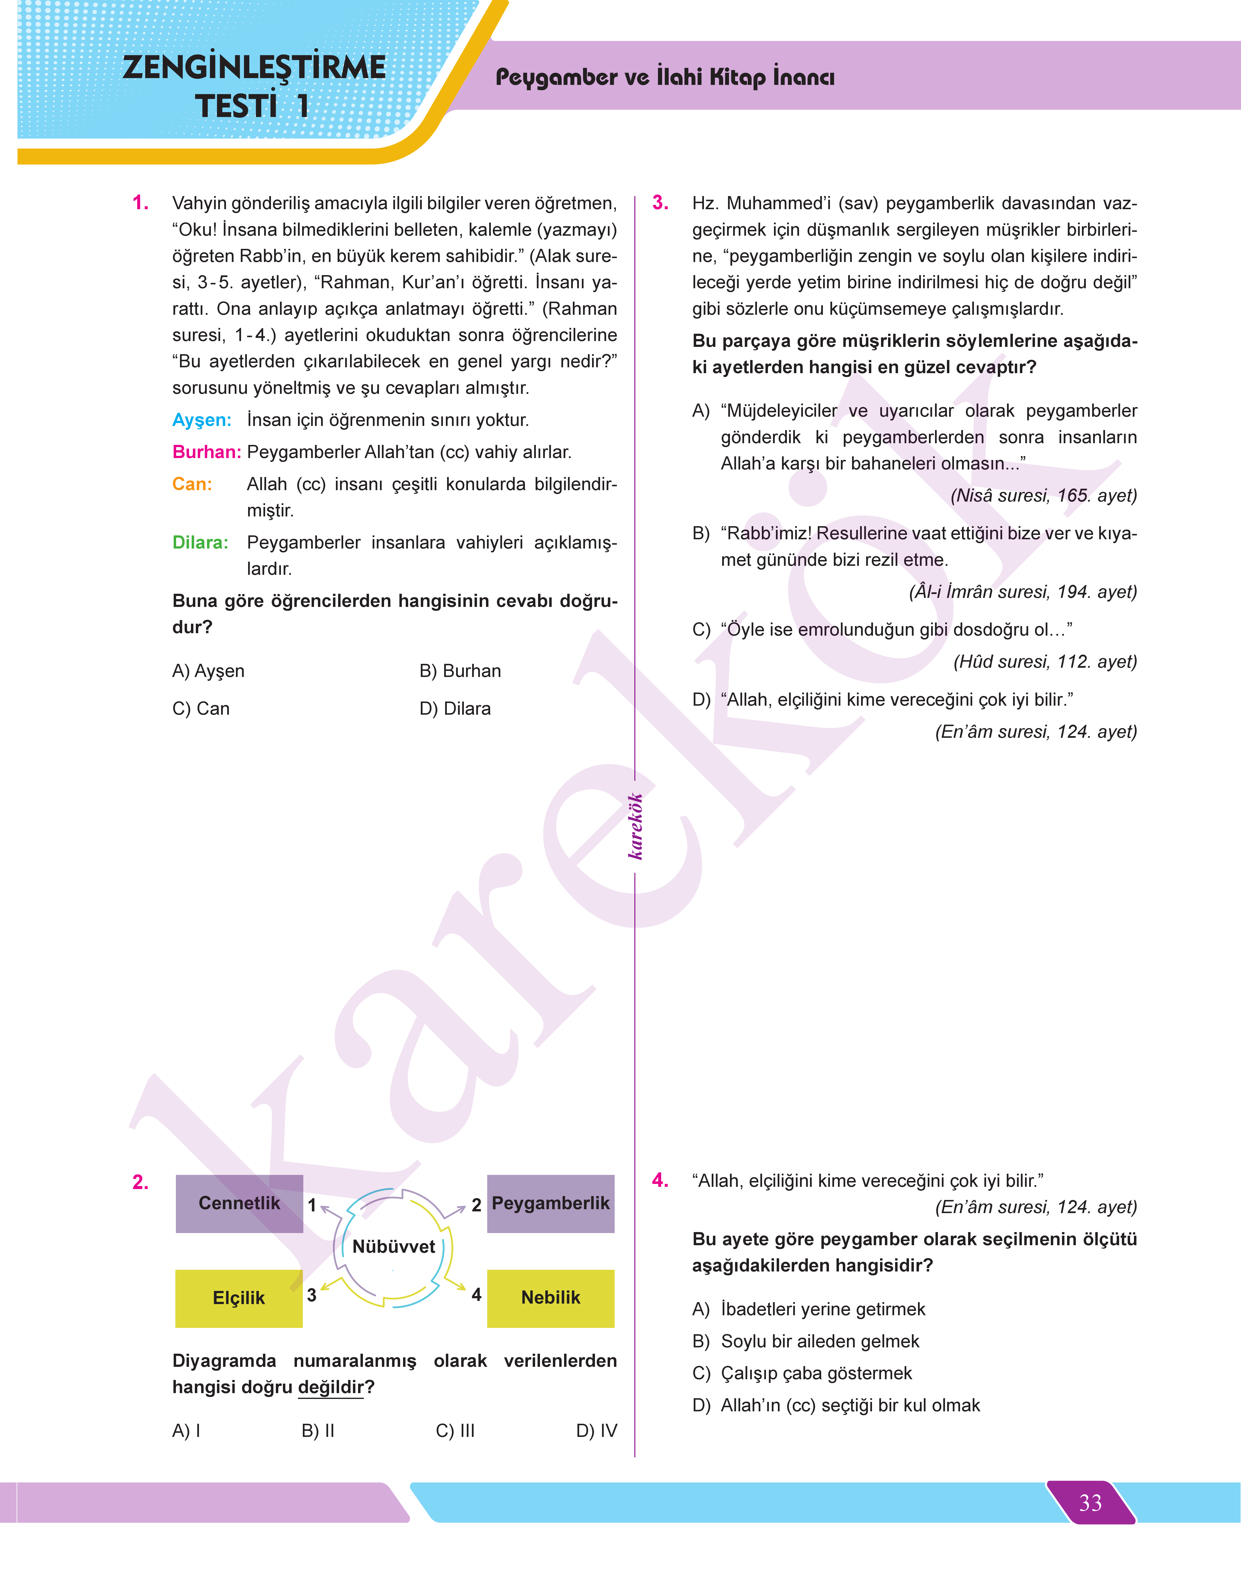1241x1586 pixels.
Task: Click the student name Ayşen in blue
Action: [x=201, y=420]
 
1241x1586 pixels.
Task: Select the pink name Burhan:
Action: [x=206, y=452]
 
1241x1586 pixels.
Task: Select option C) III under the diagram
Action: [x=455, y=1431]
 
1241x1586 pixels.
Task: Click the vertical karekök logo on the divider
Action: [x=635, y=826]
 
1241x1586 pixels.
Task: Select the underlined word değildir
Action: [x=331, y=1387]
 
